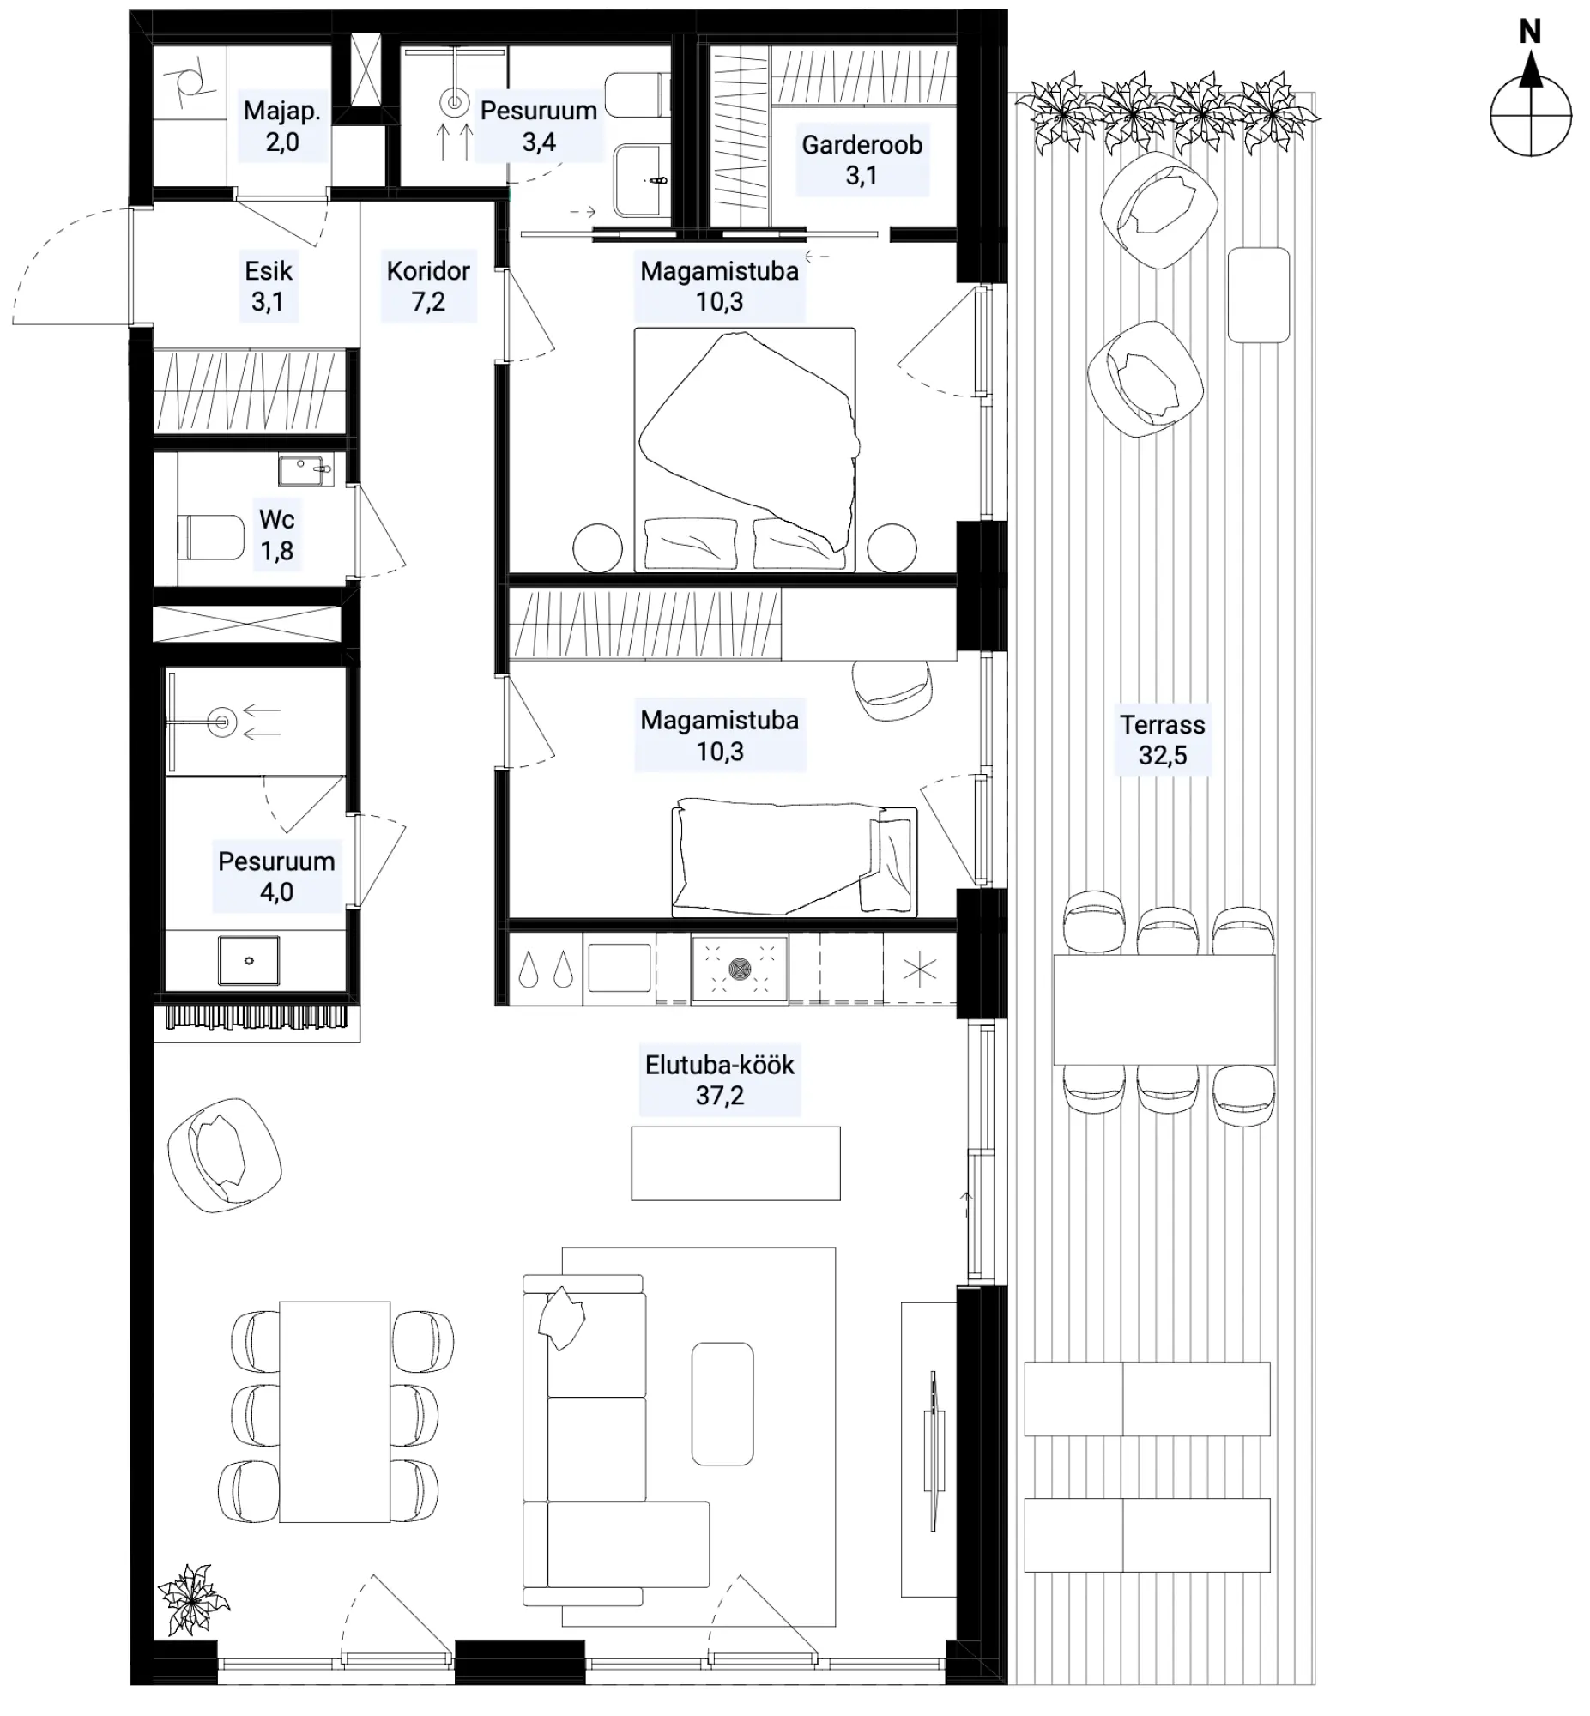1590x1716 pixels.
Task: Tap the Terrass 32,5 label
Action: tap(1163, 740)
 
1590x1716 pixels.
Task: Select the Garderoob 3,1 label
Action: tap(862, 160)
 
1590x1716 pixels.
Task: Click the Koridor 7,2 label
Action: tap(427, 286)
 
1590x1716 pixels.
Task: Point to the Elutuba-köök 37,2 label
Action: tap(719, 1079)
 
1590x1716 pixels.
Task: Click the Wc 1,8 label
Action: tap(276, 535)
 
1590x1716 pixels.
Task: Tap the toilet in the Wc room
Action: tap(211, 538)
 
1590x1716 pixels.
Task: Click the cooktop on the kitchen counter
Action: tap(739, 969)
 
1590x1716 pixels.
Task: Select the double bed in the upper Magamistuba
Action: tap(745, 449)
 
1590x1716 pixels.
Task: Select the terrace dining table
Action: tap(1164, 1009)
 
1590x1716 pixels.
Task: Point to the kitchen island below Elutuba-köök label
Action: tap(735, 1163)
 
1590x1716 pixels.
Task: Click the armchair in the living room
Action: tap(225, 1155)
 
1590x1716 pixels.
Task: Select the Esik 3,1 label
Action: tap(269, 286)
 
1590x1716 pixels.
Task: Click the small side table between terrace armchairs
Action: tap(1259, 295)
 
